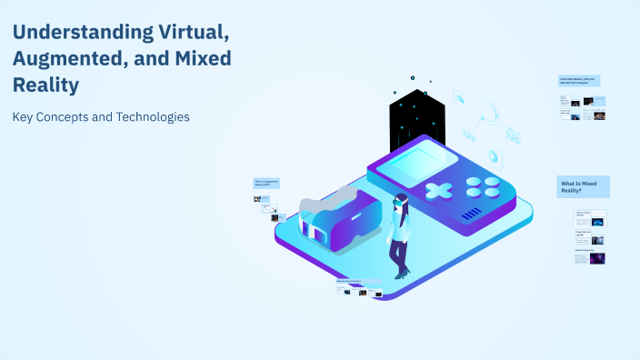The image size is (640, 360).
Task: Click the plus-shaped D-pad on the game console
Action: click(439, 192)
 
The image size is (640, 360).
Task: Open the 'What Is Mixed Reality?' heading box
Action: click(583, 186)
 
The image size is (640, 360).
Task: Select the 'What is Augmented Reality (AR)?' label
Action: click(266, 183)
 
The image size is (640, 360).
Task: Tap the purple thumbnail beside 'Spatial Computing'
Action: click(597, 258)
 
